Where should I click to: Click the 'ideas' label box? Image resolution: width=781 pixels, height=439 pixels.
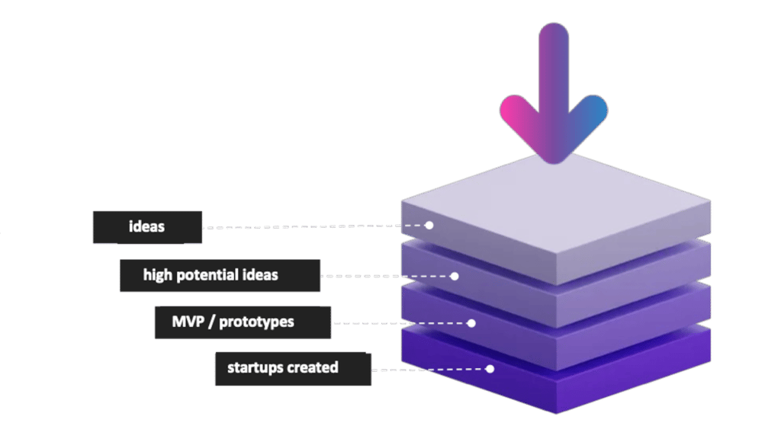coord(147,227)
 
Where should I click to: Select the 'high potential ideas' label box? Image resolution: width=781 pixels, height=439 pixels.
coord(220,275)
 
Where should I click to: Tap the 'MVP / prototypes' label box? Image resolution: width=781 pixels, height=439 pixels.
coord(242,322)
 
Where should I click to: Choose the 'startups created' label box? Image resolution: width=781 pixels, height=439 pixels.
coord(292,368)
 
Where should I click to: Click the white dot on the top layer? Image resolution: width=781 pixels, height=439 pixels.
coord(429,226)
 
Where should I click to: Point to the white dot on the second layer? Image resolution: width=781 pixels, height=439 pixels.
coord(455,276)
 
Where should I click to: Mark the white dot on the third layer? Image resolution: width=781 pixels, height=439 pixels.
coord(471,323)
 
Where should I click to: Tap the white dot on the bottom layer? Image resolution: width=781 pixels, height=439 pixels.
coord(490,369)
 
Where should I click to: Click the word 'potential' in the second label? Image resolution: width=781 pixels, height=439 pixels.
coord(211,275)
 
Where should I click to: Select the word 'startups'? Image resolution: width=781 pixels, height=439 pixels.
coord(255,368)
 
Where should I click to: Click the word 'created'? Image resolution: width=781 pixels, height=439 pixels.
coord(313,368)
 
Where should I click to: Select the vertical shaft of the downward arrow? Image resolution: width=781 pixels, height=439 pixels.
coord(554,69)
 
